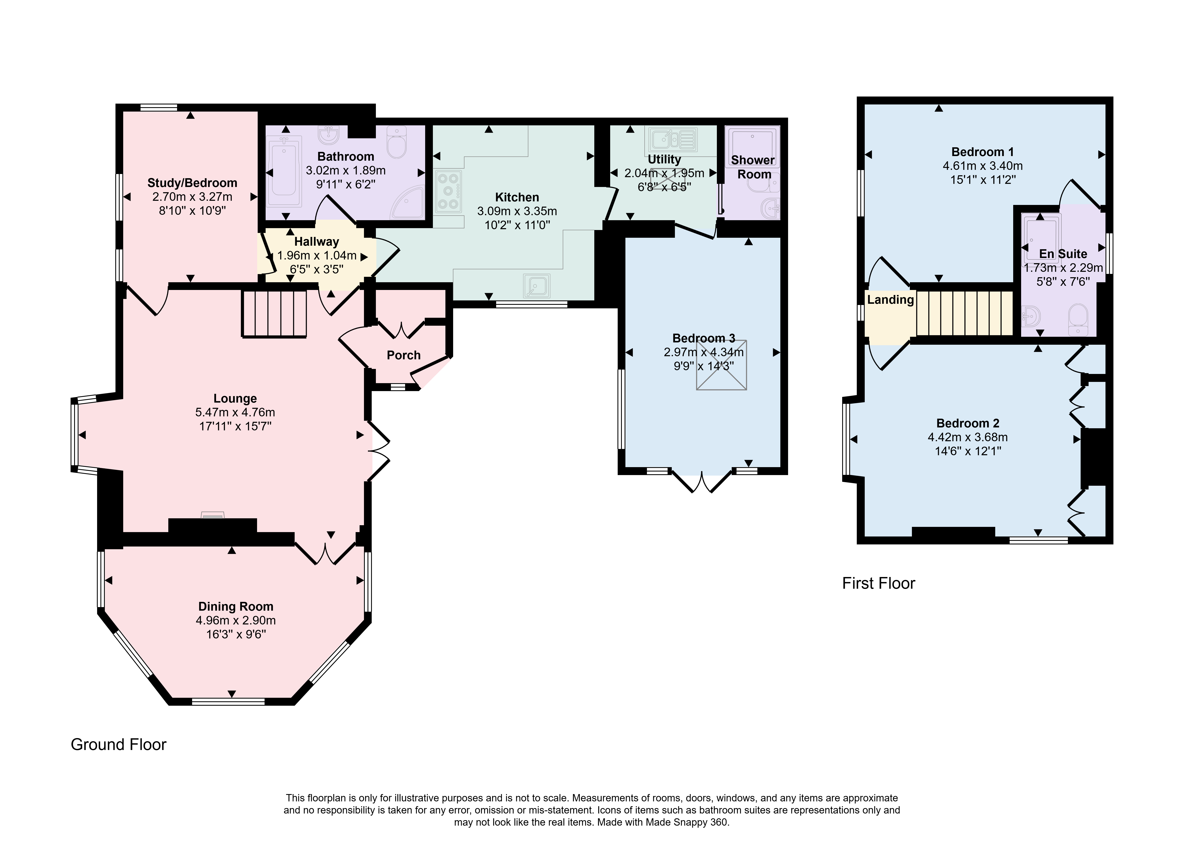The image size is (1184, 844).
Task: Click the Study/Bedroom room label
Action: (x=192, y=183)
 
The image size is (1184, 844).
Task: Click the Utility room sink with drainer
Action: (x=672, y=139)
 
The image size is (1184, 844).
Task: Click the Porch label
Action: (x=404, y=356)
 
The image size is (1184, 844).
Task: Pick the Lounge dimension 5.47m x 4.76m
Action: (x=235, y=412)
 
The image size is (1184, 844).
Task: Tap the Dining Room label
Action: (x=236, y=606)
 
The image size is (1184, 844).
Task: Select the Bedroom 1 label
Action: (x=982, y=152)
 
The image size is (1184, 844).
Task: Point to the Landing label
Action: (x=890, y=300)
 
